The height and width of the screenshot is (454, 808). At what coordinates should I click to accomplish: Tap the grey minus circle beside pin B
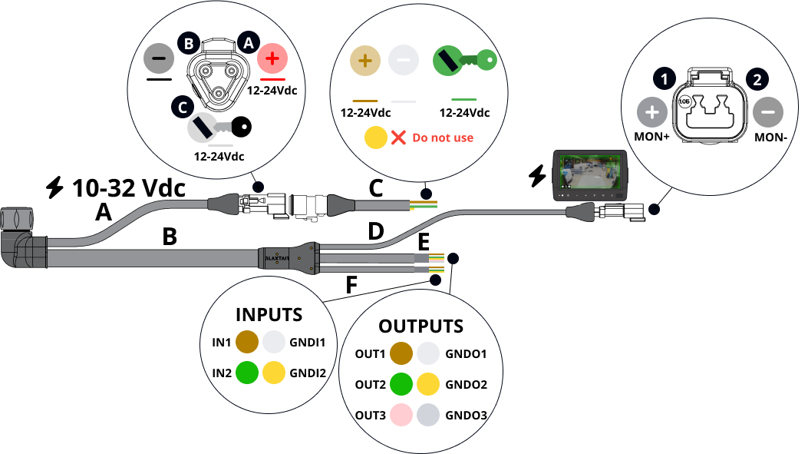(160, 58)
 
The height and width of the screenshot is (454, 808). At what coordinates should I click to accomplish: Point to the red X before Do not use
(398, 138)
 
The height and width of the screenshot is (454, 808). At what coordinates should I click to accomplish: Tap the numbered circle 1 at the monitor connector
(664, 78)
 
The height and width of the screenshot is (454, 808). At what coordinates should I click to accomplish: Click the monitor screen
(590, 171)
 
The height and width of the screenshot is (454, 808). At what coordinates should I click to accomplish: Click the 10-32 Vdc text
(127, 187)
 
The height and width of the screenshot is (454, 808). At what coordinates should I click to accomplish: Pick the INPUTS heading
(269, 314)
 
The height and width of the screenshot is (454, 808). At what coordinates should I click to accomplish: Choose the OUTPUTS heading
(420, 326)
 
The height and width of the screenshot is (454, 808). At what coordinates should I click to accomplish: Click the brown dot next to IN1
(247, 342)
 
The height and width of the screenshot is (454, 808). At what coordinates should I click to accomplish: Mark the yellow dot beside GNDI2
(274, 373)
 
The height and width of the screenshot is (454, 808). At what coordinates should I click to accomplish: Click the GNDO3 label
(467, 416)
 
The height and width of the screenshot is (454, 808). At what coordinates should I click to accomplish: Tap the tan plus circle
(364, 60)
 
